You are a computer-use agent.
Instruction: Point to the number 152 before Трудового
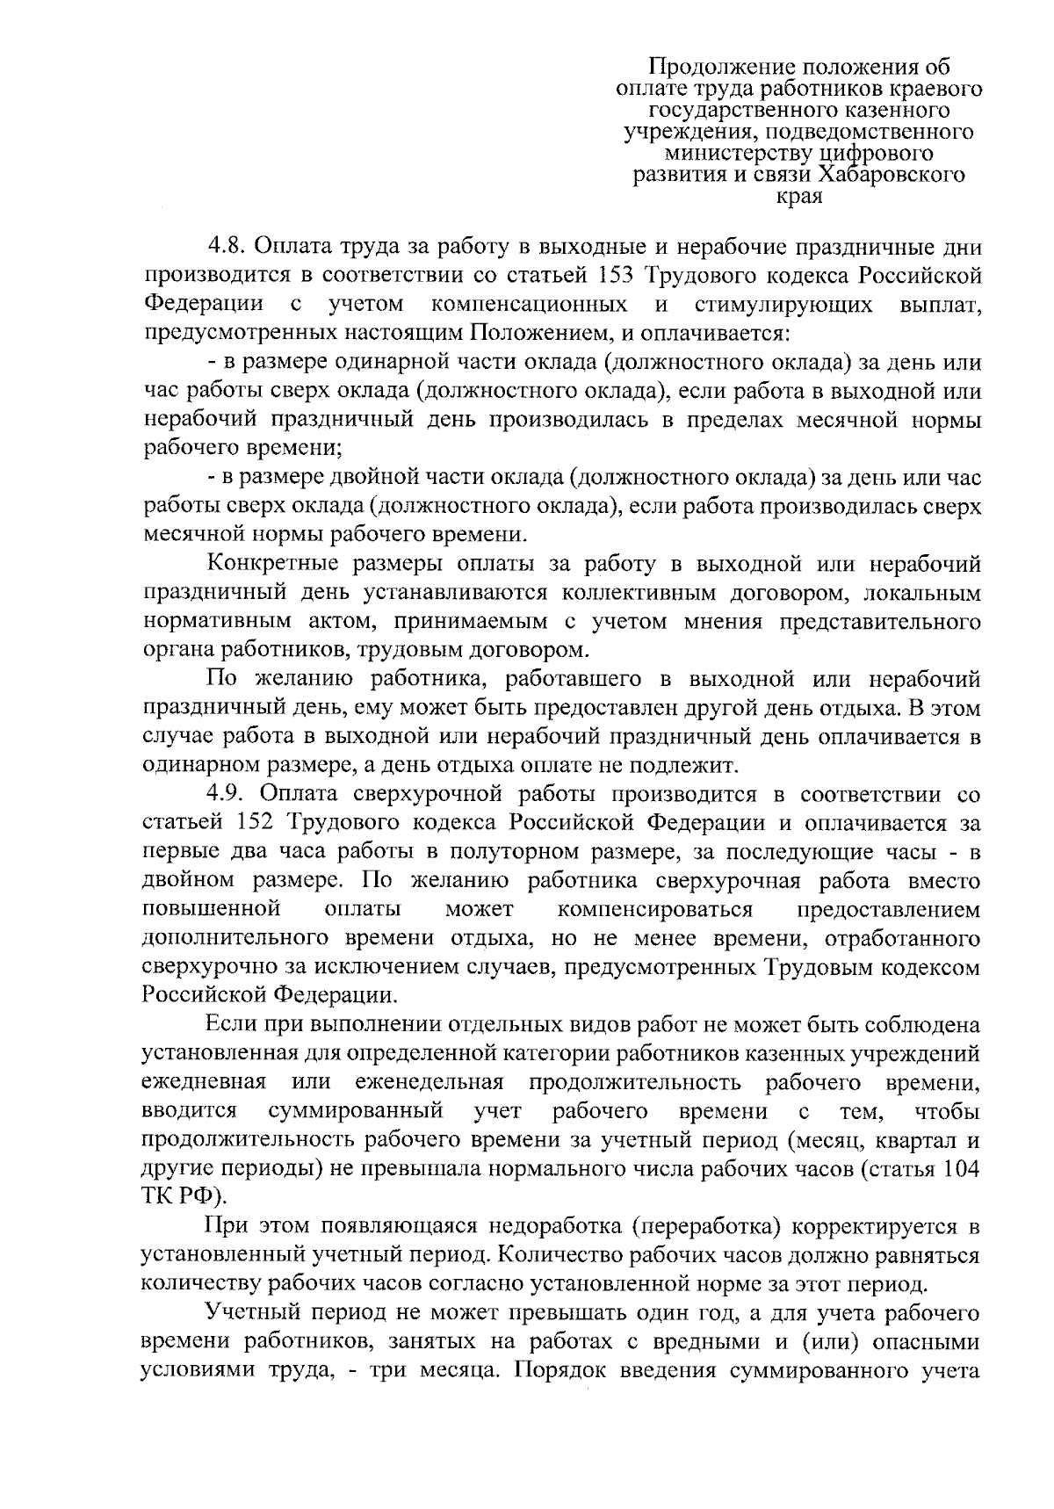click(256, 824)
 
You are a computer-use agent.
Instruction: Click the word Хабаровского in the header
click(892, 175)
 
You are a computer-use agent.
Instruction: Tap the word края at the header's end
click(799, 196)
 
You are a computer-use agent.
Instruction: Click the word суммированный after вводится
click(355, 1112)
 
